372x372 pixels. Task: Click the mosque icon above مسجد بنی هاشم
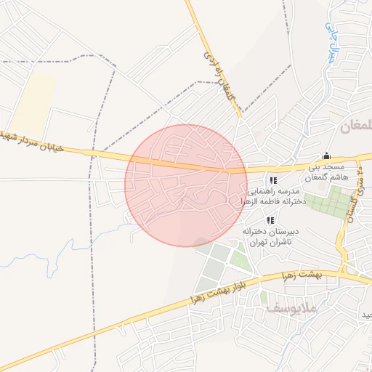(326, 155)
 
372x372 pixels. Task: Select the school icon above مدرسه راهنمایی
(272, 180)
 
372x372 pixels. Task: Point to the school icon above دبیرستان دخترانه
(270, 219)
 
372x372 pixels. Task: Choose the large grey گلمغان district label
(355, 126)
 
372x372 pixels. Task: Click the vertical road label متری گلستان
(353, 200)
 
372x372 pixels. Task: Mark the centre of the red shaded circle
(186, 185)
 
